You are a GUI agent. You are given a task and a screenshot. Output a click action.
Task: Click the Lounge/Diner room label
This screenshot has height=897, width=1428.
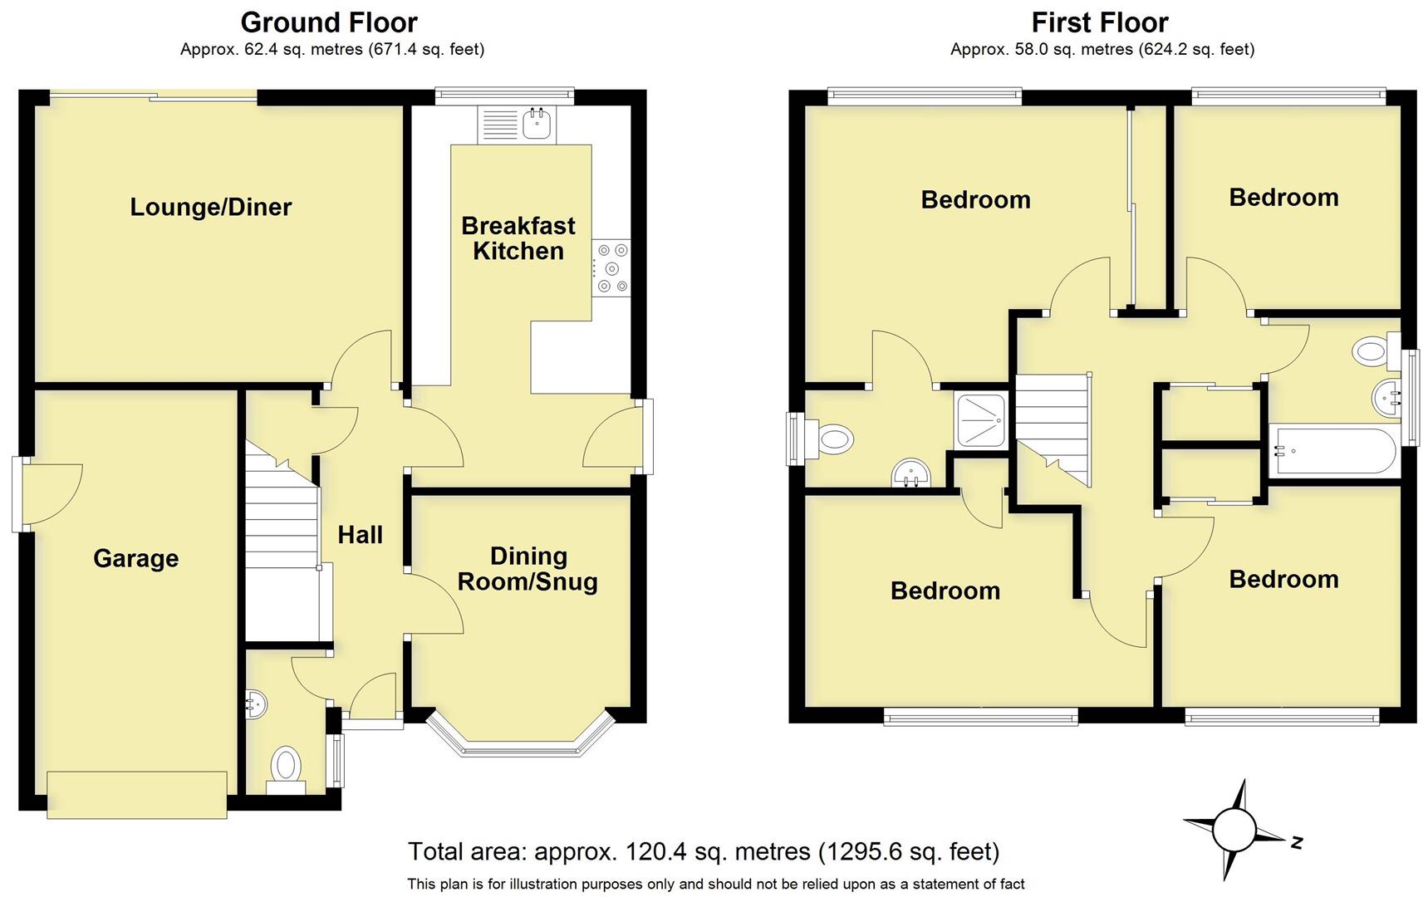pyautogui.click(x=210, y=207)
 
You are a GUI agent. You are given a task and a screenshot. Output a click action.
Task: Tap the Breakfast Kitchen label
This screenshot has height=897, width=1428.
pyautogui.click(x=518, y=238)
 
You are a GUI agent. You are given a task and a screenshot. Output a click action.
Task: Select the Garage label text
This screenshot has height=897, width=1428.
pyautogui.click(x=135, y=558)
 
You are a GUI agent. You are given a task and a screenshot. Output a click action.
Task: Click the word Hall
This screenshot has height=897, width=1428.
pyautogui.click(x=360, y=535)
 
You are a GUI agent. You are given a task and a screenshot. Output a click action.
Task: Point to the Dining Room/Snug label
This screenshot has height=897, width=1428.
pyautogui.click(x=528, y=569)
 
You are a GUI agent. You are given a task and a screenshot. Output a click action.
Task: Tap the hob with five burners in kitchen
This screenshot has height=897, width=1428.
pyautogui.click(x=612, y=268)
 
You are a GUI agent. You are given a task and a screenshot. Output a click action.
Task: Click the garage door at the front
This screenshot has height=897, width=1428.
pyautogui.click(x=137, y=794)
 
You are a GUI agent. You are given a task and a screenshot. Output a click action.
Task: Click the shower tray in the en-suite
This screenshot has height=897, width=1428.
pyautogui.click(x=981, y=421)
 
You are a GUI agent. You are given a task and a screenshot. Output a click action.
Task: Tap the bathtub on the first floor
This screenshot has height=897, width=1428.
pyautogui.click(x=1333, y=452)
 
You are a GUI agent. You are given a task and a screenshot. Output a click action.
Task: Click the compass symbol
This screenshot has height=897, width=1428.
pyautogui.click(x=1234, y=829)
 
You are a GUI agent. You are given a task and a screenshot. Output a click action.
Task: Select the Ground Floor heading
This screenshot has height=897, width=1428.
pyautogui.click(x=329, y=22)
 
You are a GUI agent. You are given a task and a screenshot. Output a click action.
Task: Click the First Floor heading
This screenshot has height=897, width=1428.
pyautogui.click(x=1100, y=22)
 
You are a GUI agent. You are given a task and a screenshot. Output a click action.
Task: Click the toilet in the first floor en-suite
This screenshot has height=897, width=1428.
pyautogui.click(x=835, y=438)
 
